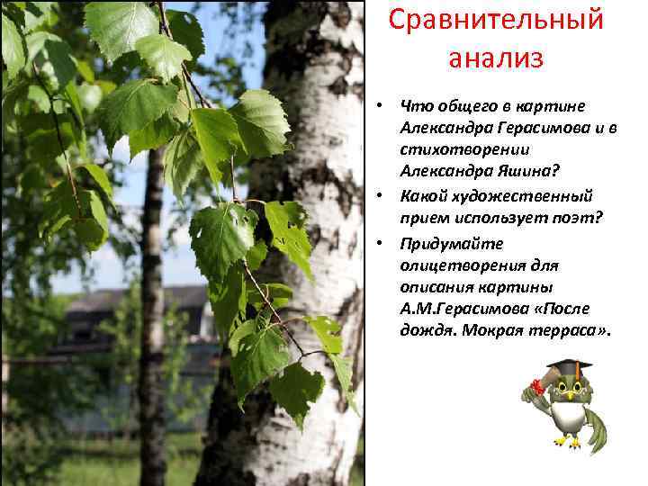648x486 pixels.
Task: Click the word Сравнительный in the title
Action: (x=495, y=21)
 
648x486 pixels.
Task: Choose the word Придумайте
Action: (x=453, y=244)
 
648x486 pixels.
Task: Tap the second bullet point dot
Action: (x=382, y=196)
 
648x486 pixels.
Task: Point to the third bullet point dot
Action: (x=382, y=244)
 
